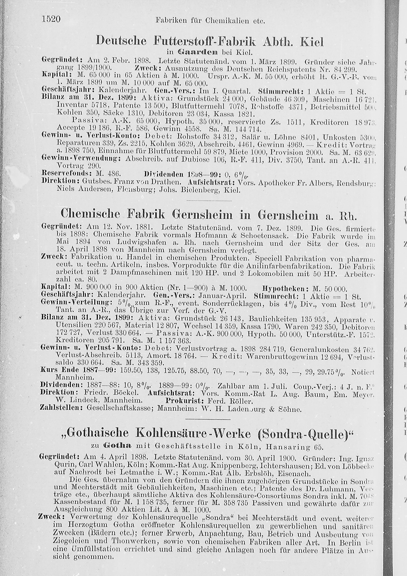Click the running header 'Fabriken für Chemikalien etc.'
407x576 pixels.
click(x=210, y=20)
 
